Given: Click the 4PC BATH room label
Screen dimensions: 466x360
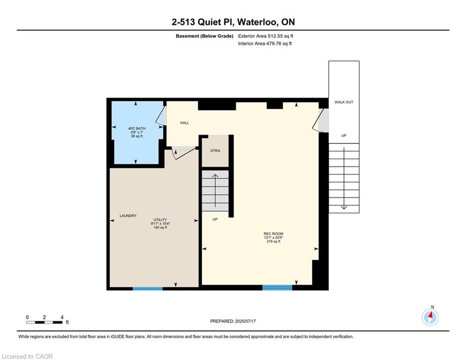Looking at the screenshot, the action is click(137, 128).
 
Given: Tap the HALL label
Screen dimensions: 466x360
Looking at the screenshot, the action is click(185, 123).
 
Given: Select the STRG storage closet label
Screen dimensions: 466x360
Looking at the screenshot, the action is click(215, 151).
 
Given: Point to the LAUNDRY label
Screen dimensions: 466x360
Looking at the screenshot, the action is click(128, 216).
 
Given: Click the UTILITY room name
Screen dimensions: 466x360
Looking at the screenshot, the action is click(160, 220).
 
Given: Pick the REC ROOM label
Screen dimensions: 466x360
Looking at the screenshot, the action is click(274, 234).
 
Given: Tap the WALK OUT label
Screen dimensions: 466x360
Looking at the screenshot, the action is click(344, 102).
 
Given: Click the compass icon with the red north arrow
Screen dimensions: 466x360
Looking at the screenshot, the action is click(430, 317).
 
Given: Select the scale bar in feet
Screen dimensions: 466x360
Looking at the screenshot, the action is click(44, 322).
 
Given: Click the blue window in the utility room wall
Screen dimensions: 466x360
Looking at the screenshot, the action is click(148, 289).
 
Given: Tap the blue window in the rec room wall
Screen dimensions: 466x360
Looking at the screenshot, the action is click(277, 287).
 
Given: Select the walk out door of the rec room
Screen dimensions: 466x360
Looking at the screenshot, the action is click(319, 120).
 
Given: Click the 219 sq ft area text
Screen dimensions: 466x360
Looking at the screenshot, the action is click(274, 241).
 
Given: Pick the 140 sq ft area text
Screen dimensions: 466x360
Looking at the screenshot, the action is click(160, 228).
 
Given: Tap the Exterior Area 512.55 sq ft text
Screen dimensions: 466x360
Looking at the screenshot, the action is click(266, 36).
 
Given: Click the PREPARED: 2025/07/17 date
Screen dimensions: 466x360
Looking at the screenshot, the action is click(233, 321).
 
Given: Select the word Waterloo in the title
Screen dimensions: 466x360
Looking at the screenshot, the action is click(258, 22).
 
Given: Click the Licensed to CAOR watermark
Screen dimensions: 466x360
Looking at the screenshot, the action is click(27, 356).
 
